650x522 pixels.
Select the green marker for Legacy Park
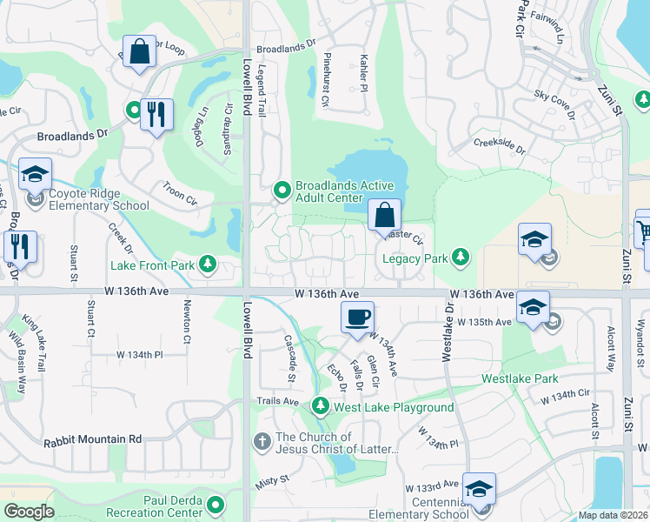(461, 258)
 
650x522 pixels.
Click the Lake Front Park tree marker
(207, 263)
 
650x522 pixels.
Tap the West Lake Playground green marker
(321, 406)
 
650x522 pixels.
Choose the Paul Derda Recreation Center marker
(214, 504)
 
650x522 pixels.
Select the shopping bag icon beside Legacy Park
(383, 215)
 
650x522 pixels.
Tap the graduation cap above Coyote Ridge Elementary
(35, 174)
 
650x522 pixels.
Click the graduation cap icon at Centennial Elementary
(478, 488)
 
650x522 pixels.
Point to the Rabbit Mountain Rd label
(92, 440)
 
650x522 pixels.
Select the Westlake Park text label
(521, 379)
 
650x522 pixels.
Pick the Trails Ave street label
(277, 402)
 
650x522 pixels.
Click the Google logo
(29, 512)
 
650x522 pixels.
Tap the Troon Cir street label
(180, 193)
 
